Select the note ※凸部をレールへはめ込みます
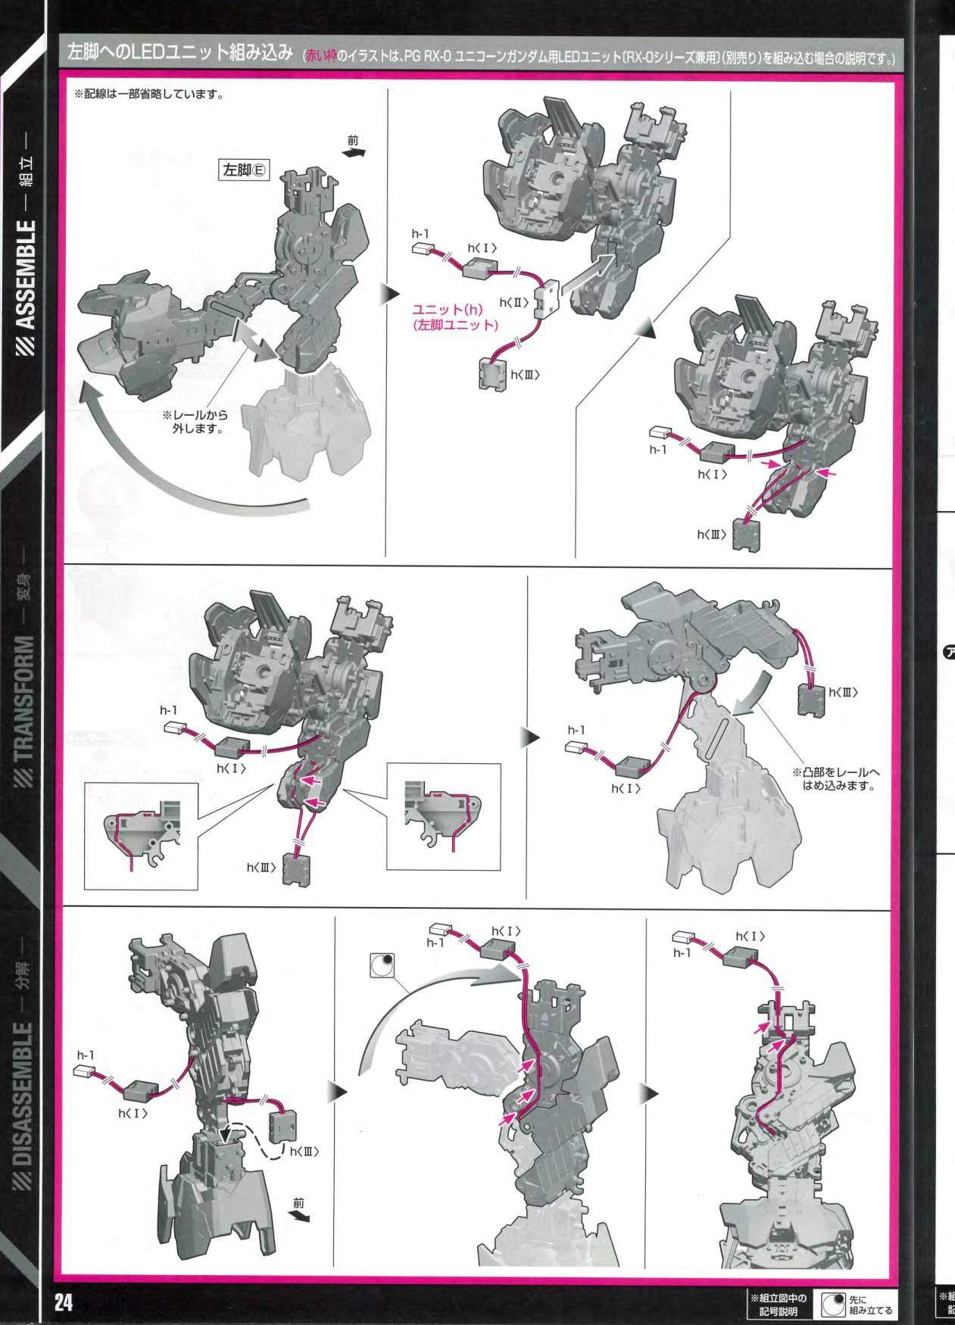pyautogui.click(x=837, y=779)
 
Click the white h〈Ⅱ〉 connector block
pyautogui.click(x=545, y=300)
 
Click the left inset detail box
pyautogui.click(x=141, y=836)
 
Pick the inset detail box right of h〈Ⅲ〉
pyautogui.click(x=443, y=816)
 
